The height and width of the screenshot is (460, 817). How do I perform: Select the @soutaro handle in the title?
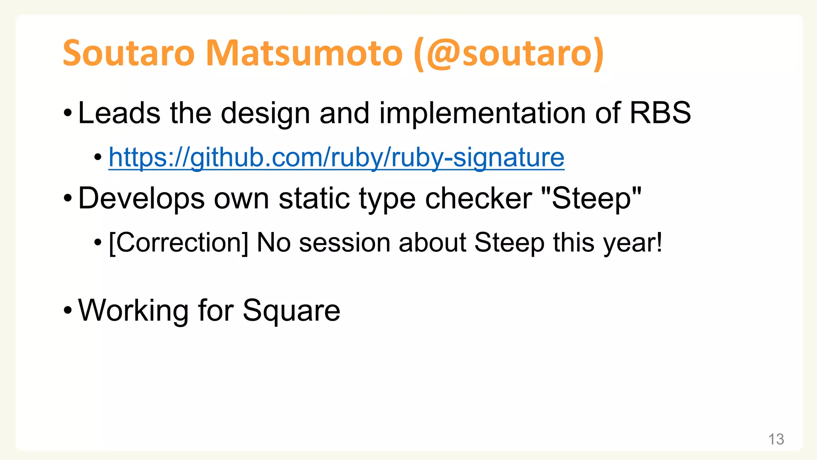point(509,54)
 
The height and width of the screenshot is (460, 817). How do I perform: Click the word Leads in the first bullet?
point(119,113)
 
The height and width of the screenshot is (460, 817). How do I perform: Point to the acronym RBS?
point(660,113)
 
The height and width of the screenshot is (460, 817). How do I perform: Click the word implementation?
point(482,114)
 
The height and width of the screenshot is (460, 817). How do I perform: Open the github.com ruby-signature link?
point(336,158)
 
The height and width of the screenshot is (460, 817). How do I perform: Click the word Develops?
point(141,198)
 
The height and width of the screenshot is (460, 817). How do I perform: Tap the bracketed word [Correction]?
point(178,243)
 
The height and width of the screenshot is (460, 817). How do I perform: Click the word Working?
point(133,311)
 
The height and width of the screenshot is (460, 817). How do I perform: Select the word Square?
point(291,311)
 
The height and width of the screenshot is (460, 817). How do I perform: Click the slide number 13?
point(776,439)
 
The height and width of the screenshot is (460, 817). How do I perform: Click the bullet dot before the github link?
point(98,157)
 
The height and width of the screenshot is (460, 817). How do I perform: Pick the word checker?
point(478,198)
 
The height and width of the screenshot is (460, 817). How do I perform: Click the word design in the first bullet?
point(265,114)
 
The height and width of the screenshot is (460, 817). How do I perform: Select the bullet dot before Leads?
point(68,113)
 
